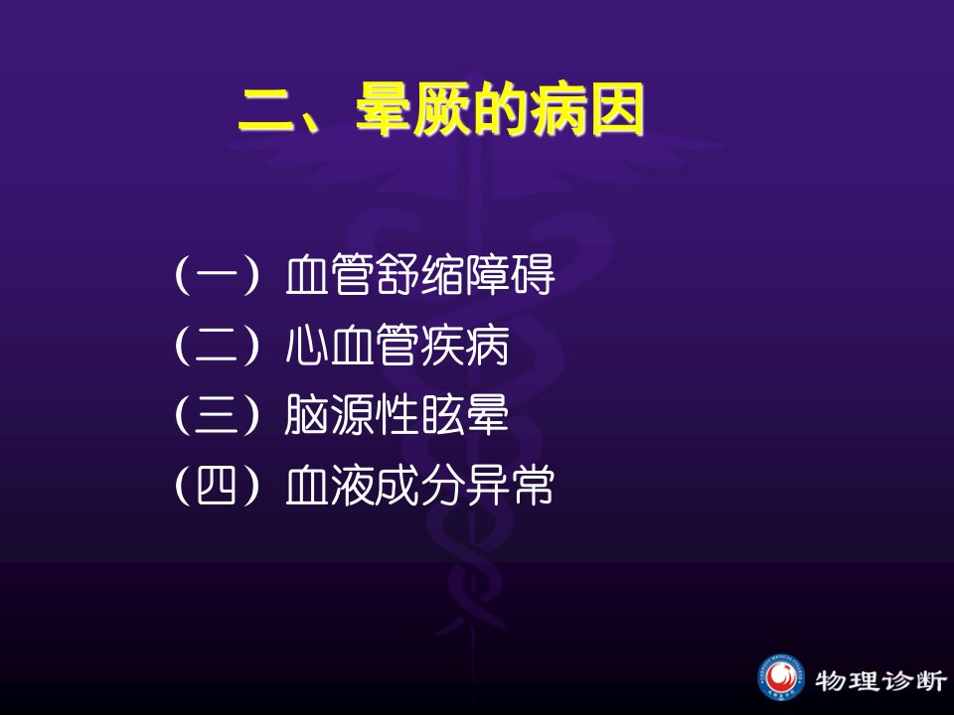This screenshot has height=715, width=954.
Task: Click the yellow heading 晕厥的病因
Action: pyautogui.click(x=500, y=109)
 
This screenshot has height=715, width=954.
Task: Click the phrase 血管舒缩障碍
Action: pyautogui.click(x=419, y=275)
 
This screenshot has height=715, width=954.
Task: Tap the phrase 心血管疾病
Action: pyautogui.click(x=397, y=346)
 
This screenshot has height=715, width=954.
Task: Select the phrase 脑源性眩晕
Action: pyautogui.click(x=397, y=415)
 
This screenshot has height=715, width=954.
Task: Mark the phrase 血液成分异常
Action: pyautogui.click(x=419, y=486)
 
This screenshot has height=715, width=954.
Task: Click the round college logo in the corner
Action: pyautogui.click(x=781, y=678)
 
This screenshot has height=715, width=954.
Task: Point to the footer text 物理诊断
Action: pyautogui.click(x=881, y=680)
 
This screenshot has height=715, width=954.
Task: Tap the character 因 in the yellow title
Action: pyautogui.click(x=617, y=110)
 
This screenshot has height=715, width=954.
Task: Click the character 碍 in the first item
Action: pyautogui.click(x=533, y=275)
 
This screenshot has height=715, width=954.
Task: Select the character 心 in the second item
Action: pyautogui.click(x=307, y=346)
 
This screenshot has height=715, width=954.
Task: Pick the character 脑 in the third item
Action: pyautogui.click(x=307, y=415)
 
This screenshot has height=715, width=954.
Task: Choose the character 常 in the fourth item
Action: pyautogui.click(x=533, y=486)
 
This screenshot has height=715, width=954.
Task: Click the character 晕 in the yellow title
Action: pyautogui.click(x=384, y=109)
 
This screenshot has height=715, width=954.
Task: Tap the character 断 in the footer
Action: pyautogui.click(x=931, y=680)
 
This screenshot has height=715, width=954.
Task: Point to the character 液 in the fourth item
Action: pyautogui.click(x=352, y=486)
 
